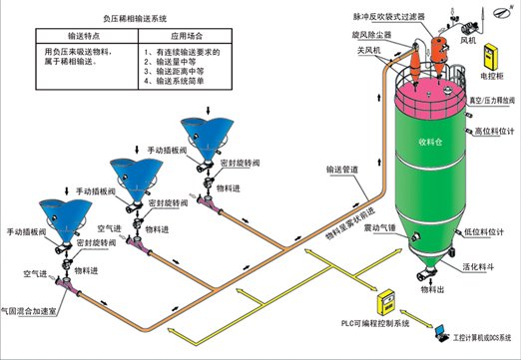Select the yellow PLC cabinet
point(382,299)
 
